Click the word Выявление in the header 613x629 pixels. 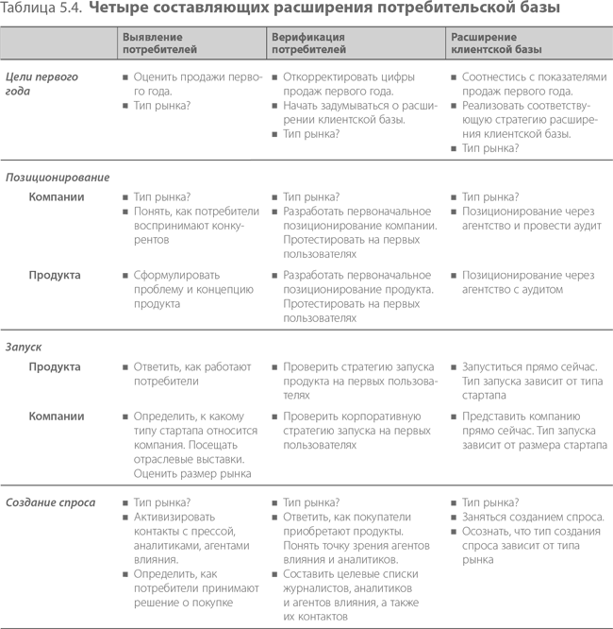[x=152, y=38]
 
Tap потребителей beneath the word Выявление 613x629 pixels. [x=159, y=50]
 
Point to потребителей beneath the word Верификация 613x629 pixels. [x=308, y=50]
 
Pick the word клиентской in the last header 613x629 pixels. [x=480, y=50]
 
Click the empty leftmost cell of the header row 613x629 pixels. [x=58, y=43]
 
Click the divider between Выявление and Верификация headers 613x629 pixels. [x=266, y=43]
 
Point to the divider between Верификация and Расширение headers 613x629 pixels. [x=445, y=43]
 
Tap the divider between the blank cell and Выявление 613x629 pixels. [x=117, y=43]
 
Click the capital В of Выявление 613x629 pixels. [x=125, y=38]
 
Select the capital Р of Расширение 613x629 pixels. [x=455, y=38]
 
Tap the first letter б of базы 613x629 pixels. [x=516, y=50]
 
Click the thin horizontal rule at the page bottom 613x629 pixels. [x=306, y=626]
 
